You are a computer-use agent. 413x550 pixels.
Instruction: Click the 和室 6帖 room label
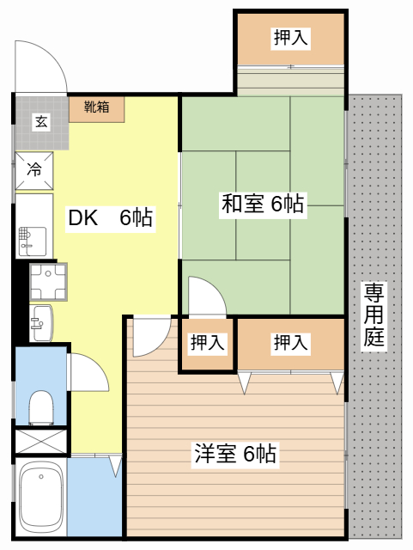(263, 204)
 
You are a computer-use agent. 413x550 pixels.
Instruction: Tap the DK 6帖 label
(110, 218)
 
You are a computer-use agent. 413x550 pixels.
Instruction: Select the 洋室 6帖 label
(234, 453)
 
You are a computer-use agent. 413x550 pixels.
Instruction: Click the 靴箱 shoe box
(96, 108)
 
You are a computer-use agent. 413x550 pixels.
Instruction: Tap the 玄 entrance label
(40, 121)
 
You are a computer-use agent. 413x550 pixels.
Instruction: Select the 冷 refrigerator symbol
(35, 169)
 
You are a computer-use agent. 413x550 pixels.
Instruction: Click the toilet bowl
(40, 406)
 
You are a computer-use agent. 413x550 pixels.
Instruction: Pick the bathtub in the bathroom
(41, 498)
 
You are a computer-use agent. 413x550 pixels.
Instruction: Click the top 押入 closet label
(290, 37)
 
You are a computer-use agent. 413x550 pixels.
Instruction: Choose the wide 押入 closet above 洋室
(290, 343)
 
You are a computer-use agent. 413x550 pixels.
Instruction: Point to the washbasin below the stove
(39, 323)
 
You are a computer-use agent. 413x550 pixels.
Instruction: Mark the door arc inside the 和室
(206, 297)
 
